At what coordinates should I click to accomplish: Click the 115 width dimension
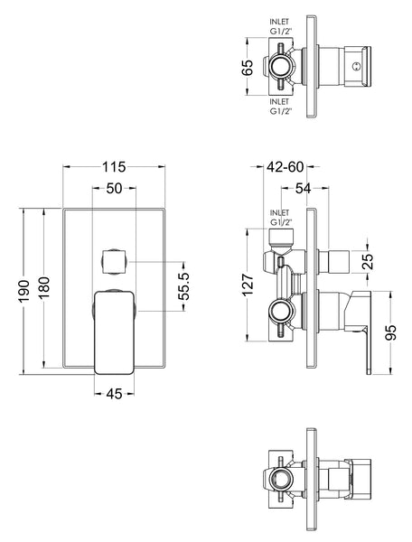tap(113, 168)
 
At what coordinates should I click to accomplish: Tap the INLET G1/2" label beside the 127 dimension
tap(281, 220)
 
